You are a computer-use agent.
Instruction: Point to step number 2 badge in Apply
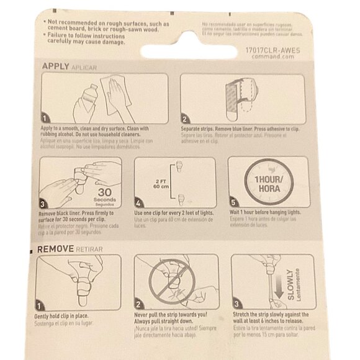tap(185, 119)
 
